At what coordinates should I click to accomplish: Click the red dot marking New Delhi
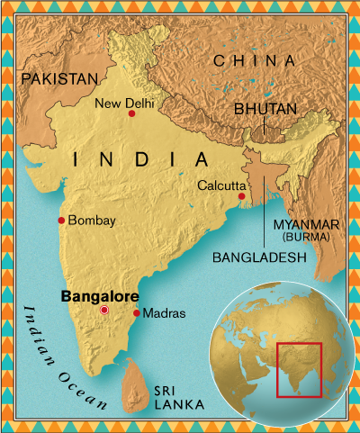click(131, 114)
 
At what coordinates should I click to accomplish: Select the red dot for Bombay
click(61, 221)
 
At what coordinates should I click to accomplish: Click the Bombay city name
click(92, 221)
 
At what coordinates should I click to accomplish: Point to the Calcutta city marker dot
click(241, 196)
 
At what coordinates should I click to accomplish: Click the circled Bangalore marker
click(104, 310)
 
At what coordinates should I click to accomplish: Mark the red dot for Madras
click(136, 313)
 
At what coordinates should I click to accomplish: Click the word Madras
click(164, 313)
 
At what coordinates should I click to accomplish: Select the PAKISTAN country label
click(58, 79)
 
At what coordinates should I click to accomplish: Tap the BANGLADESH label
click(259, 257)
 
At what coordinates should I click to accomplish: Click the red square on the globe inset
click(299, 369)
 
